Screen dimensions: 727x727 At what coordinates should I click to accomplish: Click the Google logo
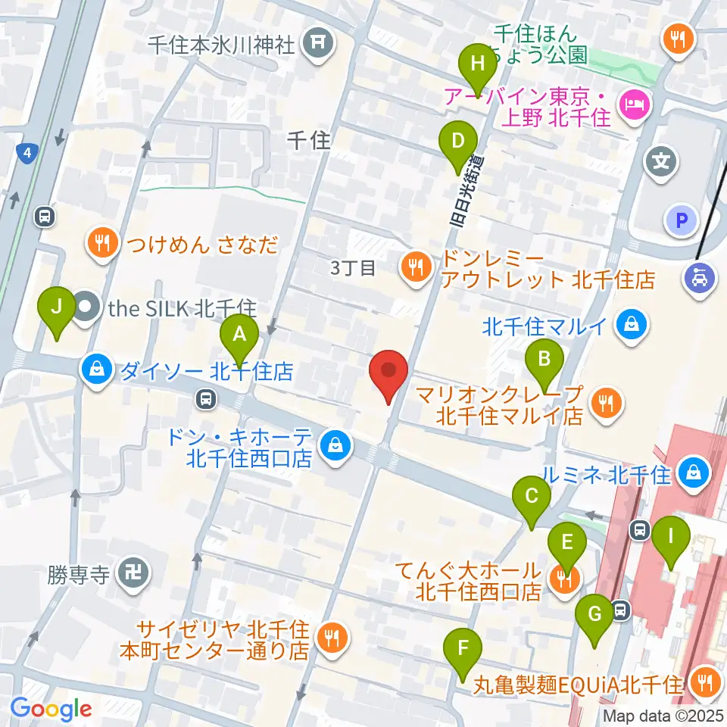click(51, 709)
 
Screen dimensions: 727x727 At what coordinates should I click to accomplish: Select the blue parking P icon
click(680, 220)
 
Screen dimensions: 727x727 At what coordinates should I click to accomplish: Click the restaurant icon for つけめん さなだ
click(101, 243)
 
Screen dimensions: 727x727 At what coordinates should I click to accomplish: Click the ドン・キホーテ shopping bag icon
click(335, 445)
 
